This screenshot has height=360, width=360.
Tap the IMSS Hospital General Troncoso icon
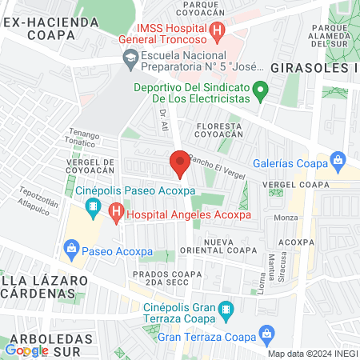click(217, 31)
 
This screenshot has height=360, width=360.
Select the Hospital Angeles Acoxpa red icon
click(116, 214)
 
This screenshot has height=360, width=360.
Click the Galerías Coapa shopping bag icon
click(338, 161)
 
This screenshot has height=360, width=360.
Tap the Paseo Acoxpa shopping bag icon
click(73, 249)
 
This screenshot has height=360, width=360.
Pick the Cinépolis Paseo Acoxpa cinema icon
click(94, 207)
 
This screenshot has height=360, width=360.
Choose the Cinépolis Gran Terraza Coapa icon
click(226, 308)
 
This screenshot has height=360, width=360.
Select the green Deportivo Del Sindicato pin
click(259, 90)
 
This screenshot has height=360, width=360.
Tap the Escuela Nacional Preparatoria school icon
click(130, 58)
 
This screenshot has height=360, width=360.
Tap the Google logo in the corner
click(26, 350)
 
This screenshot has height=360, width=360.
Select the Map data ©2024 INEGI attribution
click(311, 354)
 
